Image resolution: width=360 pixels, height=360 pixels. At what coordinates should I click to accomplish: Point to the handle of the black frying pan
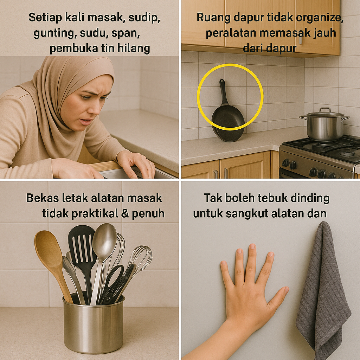click(223, 92)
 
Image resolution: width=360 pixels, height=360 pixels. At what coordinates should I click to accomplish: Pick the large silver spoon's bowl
click(104, 239)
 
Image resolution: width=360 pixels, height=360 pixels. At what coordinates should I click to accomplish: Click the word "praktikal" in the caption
click(95, 214)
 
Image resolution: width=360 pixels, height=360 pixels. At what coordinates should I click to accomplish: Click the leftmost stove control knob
click(285, 163)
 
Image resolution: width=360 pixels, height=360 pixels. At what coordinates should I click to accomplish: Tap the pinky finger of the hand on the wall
click(226, 273)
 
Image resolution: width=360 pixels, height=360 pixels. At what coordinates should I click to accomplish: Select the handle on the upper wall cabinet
click(301, 39)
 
